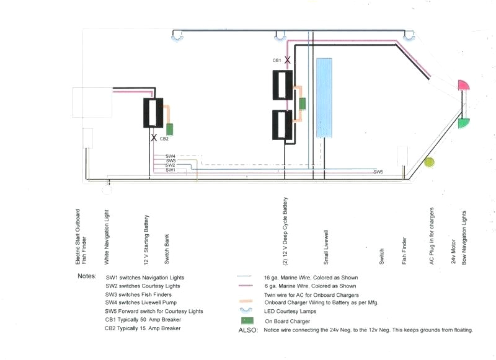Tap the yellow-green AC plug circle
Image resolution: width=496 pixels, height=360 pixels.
429,163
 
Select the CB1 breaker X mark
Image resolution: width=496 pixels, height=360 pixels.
288,59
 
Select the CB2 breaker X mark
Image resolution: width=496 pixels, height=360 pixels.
154,138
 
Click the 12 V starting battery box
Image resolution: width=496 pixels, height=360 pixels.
153,113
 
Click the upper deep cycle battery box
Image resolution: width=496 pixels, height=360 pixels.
285,85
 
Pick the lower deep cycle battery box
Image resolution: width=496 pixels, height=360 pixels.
285,125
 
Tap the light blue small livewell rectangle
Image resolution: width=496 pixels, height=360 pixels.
325,98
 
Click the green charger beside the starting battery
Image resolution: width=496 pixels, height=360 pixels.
169,130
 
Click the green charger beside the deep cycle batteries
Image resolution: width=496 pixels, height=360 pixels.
303,103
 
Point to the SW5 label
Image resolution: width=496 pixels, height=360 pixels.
378,171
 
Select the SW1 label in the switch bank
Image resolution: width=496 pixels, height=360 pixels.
170,170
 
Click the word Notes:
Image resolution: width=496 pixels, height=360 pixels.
87,276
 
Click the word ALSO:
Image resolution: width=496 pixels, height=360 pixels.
248,330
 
